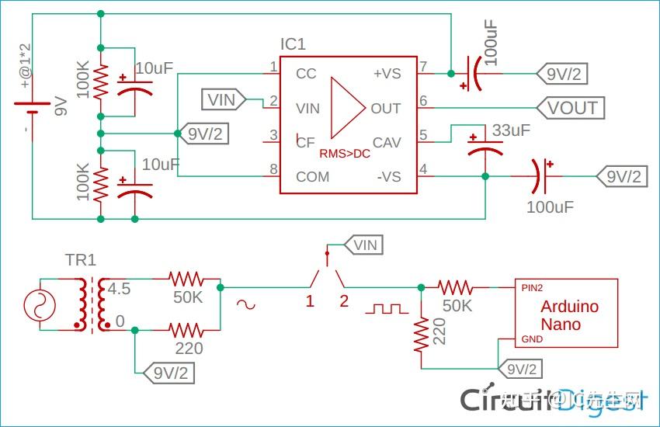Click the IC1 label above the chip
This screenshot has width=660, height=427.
[293, 44]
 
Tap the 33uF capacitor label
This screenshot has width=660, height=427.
[511, 130]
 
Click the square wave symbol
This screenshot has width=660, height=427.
[387, 308]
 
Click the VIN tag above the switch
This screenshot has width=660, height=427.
[363, 245]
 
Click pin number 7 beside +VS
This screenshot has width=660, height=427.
[423, 66]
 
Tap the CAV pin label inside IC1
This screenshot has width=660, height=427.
[387, 142]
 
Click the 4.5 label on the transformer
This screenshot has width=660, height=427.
[119, 290]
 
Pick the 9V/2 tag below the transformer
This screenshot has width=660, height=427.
[168, 373]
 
